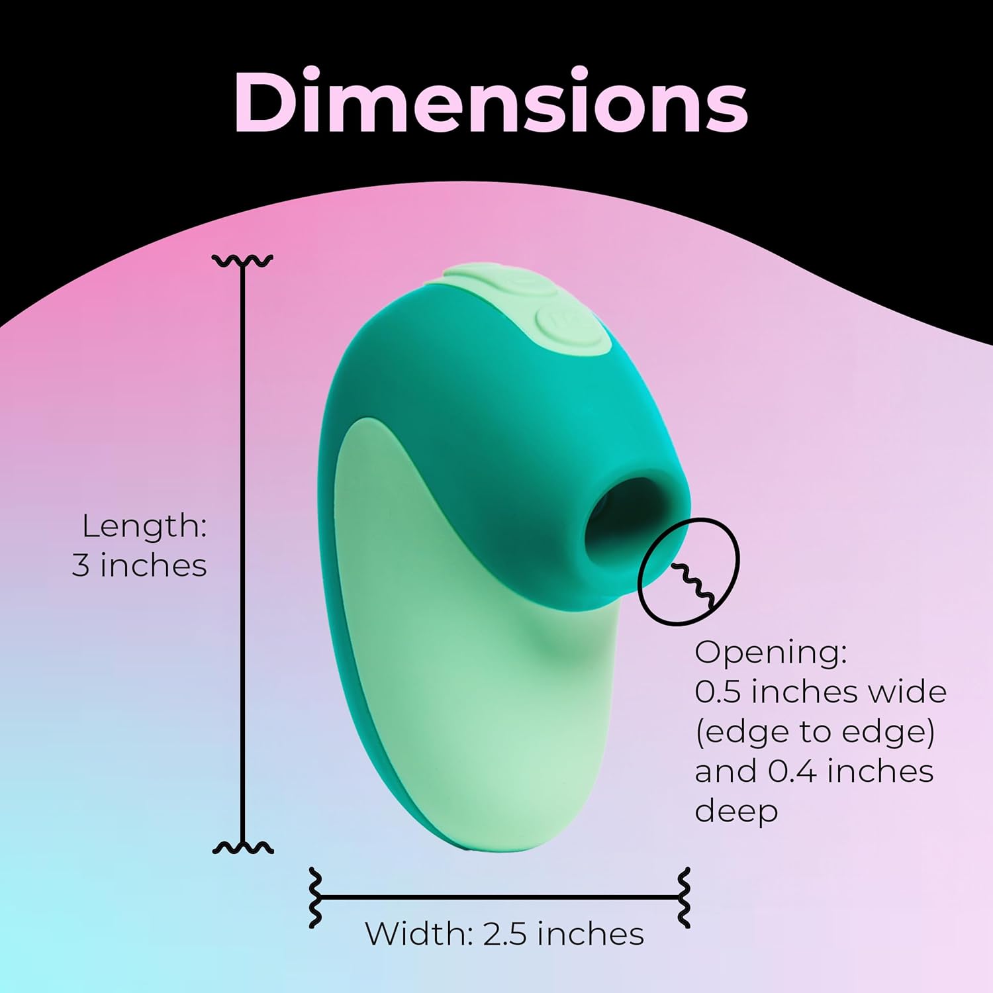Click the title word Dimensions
pyautogui.click(x=491, y=101)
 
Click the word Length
pyautogui.click(x=144, y=526)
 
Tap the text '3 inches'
pyautogui.click(x=139, y=566)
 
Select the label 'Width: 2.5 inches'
pyautogui.click(x=504, y=934)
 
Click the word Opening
pyautogui.click(x=770, y=652)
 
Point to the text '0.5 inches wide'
pyautogui.click(x=820, y=692)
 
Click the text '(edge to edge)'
pyautogui.click(x=814, y=732)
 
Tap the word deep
pyautogui.click(x=735, y=811)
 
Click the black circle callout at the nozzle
pyautogui.click(x=688, y=571)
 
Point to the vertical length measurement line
pyautogui.click(x=243, y=556)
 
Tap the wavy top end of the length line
pyautogui.click(x=243, y=260)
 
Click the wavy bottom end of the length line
pyautogui.click(x=243, y=848)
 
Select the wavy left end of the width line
pyautogui.click(x=316, y=898)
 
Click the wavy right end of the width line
pyautogui.click(x=684, y=898)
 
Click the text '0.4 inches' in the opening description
pyautogui.click(x=851, y=771)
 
